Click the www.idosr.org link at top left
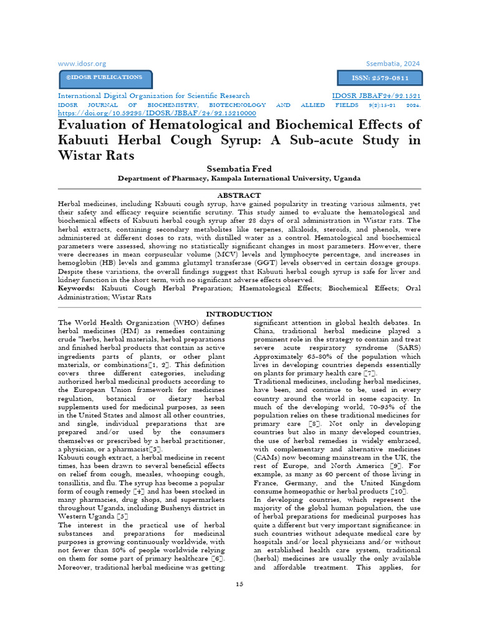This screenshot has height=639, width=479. tap(82, 63)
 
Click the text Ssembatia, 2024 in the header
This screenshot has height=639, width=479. tap(393, 63)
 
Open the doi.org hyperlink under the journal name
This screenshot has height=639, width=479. tap(157, 114)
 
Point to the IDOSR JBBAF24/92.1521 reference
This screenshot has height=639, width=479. tap(376, 96)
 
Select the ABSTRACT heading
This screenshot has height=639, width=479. tap(239, 195)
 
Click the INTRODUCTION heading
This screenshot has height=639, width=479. tap(239, 314)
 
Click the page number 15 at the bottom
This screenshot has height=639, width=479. tap(239, 583)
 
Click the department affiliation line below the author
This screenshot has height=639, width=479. tap(239, 178)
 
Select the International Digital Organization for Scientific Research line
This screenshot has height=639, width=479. tap(153, 96)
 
